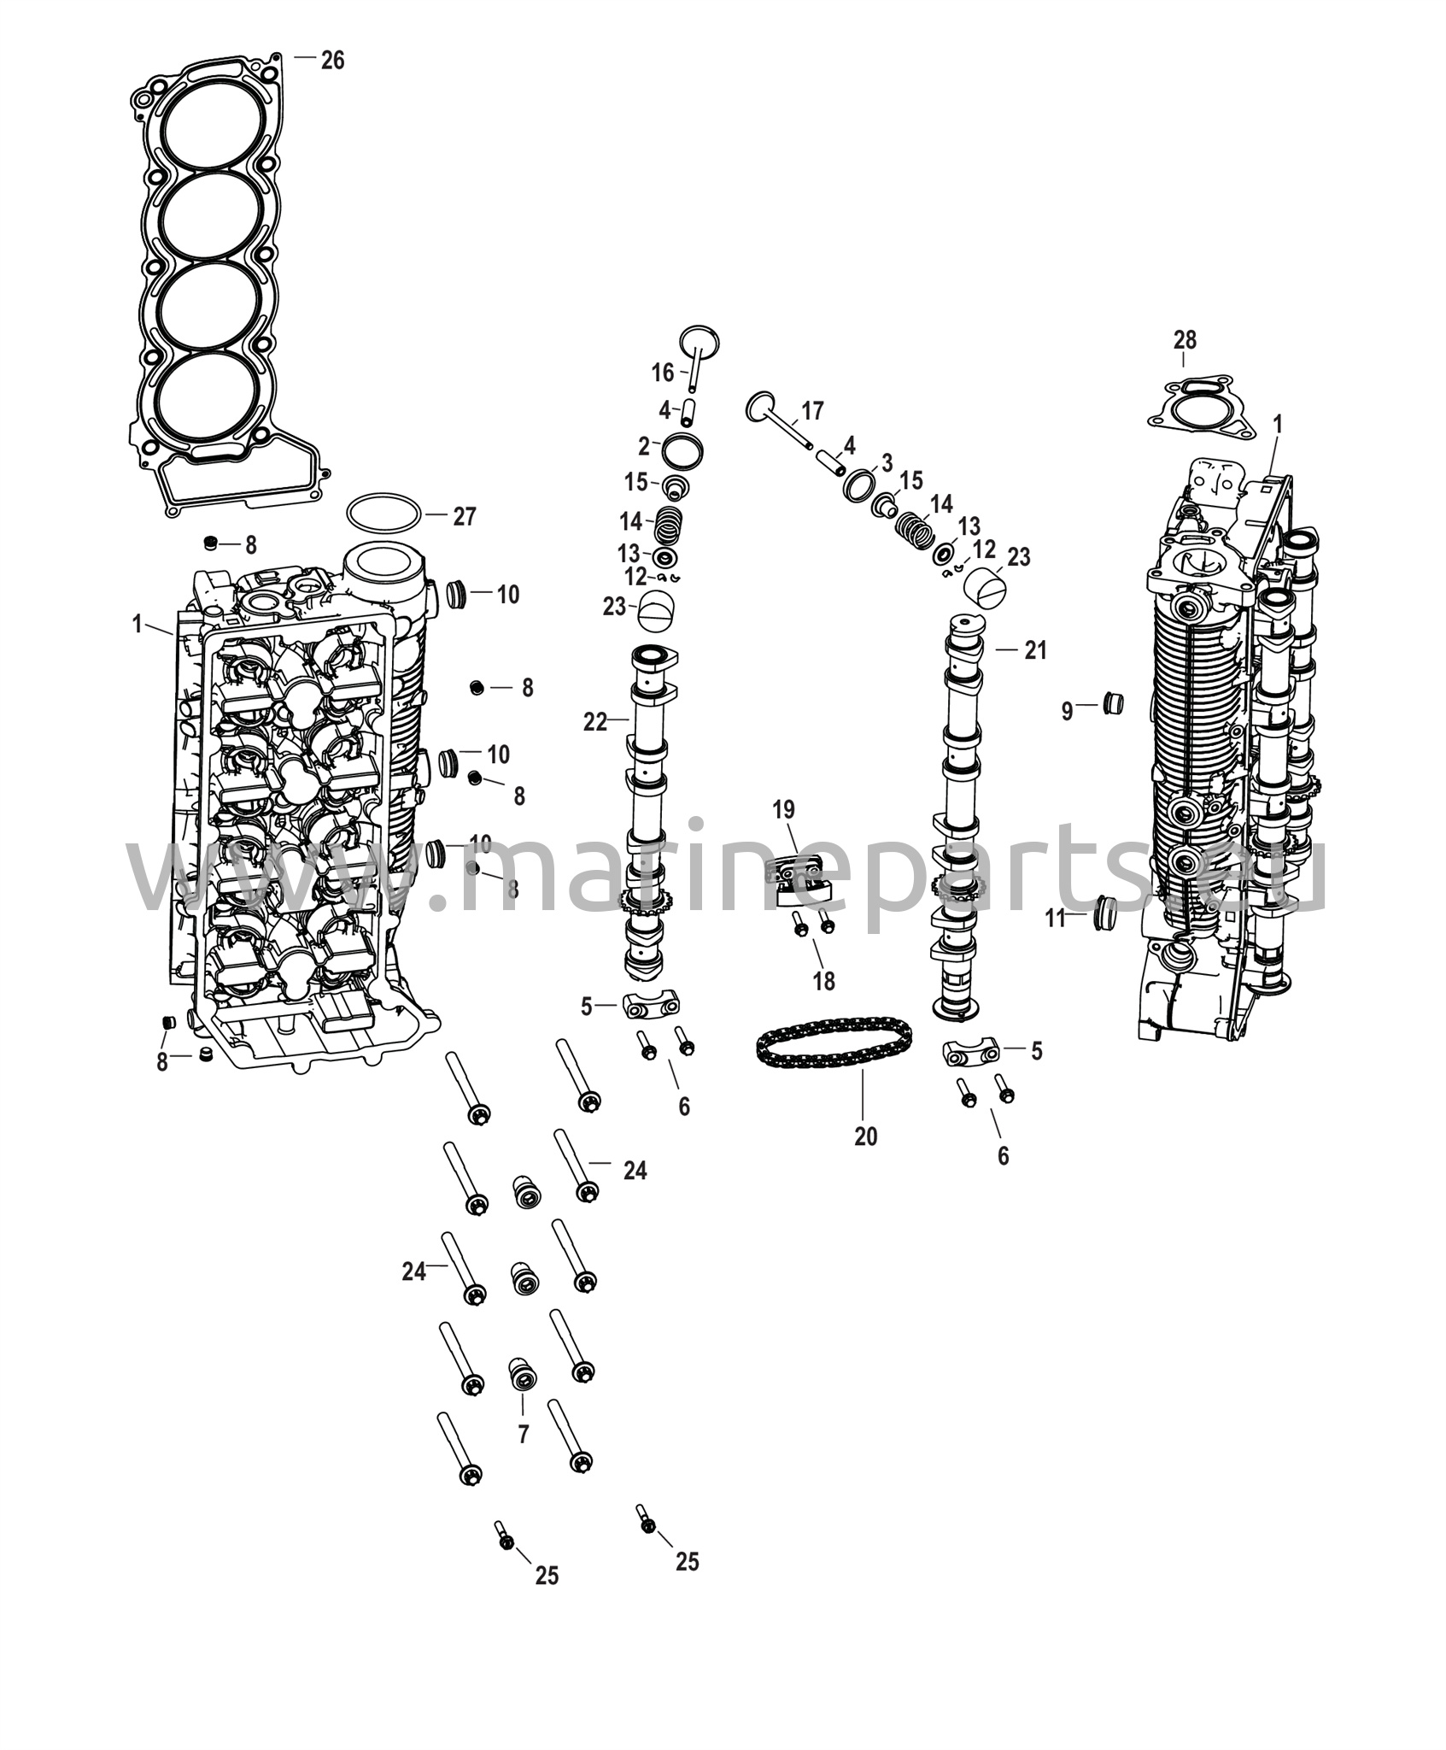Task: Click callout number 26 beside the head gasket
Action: coord(332,60)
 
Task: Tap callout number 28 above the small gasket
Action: coord(1185,340)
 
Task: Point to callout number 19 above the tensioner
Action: coord(783,809)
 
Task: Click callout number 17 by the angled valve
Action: coord(812,412)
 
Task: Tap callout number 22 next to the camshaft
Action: coord(594,722)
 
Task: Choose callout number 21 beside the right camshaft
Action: coord(1035,651)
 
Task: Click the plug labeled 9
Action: coord(1114,704)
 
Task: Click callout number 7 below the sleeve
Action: coord(524,1435)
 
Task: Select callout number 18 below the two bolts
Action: coord(823,981)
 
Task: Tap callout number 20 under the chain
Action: coord(865,1136)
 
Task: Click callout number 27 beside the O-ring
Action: coord(464,516)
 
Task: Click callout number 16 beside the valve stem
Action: coord(663,372)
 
